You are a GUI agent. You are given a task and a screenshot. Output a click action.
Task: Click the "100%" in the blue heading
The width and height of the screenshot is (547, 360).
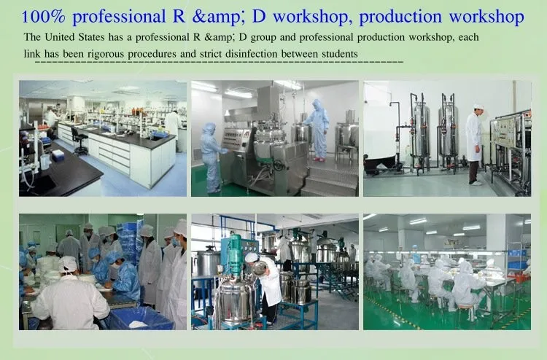43,17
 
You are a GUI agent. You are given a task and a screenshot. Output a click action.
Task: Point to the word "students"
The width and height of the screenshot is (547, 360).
340,54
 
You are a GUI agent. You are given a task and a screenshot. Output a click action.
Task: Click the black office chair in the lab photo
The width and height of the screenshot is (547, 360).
79,141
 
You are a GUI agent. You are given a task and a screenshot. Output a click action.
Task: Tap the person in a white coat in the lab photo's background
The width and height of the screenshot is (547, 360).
172,126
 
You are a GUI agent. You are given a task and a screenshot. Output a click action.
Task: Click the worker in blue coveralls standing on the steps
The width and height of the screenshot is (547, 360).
317,130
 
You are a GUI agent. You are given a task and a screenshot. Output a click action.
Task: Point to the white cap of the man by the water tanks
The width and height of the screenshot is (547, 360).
478,106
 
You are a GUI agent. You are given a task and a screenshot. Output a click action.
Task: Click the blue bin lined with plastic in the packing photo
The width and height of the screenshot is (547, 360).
141,318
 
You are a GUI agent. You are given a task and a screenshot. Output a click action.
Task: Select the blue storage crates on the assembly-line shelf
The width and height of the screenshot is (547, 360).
517,259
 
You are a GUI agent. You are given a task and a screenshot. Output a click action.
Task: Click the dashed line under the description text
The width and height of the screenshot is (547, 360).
219,63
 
